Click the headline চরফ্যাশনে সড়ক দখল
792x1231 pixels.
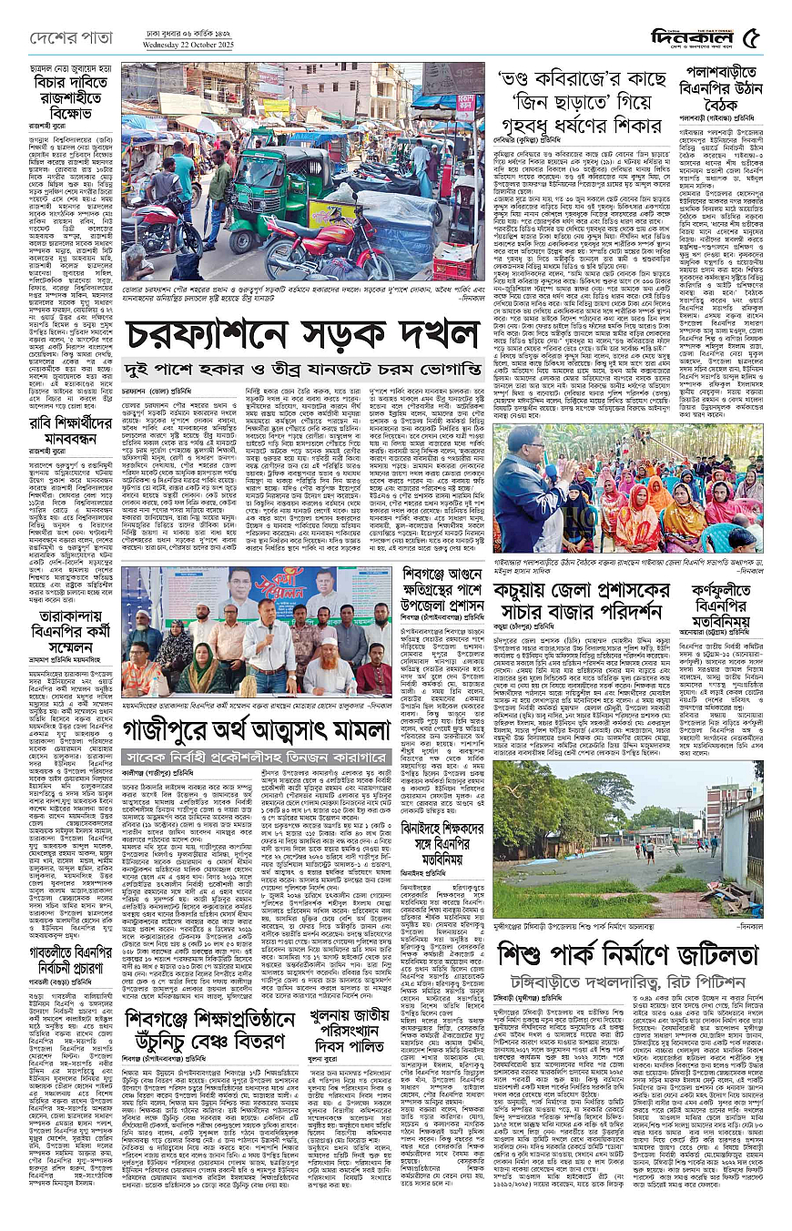302,334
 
